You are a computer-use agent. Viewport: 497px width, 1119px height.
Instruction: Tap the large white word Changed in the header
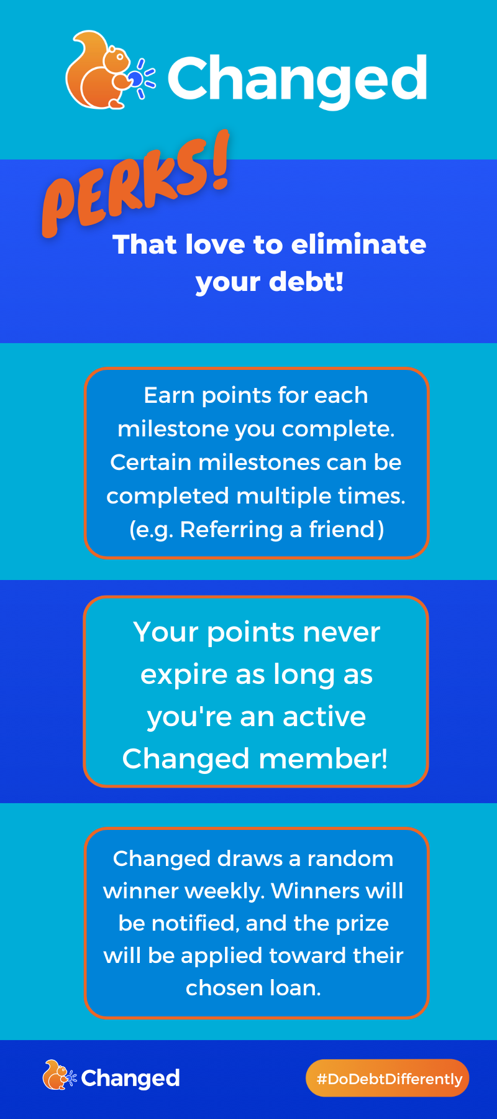pyautogui.click(x=298, y=80)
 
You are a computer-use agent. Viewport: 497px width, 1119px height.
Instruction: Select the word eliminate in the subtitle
pyautogui.click(x=358, y=244)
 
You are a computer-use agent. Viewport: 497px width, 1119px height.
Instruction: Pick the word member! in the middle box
pyautogui.click(x=323, y=759)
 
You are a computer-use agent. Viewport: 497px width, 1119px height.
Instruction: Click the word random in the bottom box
pyautogui.click(x=350, y=859)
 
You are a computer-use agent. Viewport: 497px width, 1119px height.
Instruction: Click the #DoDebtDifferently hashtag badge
pyautogui.click(x=388, y=1079)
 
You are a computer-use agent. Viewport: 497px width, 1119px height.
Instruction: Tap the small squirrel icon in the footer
pyautogui.click(x=58, y=1075)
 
